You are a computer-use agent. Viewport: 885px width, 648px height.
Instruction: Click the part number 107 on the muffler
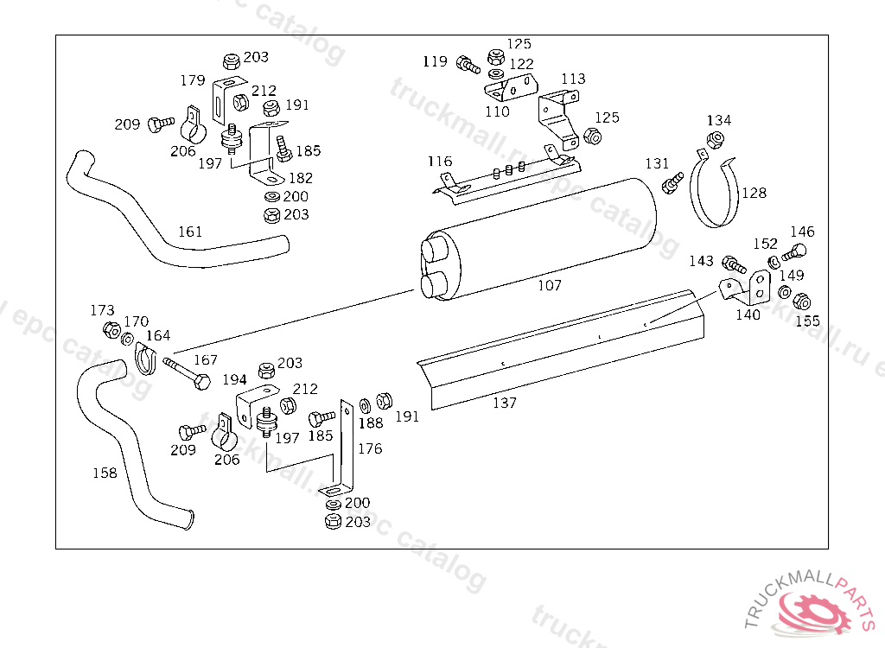coord(549,285)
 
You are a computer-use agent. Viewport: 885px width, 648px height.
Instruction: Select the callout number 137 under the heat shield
coord(505,403)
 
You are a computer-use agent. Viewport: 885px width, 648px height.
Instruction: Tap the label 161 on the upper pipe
coord(190,232)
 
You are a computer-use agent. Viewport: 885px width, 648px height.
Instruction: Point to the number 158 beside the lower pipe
coord(105,473)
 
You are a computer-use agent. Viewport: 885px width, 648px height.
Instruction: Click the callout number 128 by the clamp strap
coord(754,194)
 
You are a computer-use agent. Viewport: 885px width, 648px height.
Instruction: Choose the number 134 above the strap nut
coord(719,120)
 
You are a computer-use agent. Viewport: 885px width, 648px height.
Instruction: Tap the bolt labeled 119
coord(468,64)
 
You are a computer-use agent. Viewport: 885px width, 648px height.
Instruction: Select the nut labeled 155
coord(801,302)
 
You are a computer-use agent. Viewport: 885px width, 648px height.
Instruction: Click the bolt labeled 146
coord(793,253)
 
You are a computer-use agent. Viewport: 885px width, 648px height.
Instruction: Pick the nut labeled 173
coord(111,328)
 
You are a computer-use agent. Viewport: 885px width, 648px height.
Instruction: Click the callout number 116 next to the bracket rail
coord(439,162)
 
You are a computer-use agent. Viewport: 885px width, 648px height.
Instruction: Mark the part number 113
coord(573,79)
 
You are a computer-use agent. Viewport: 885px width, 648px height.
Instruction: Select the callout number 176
coord(370,448)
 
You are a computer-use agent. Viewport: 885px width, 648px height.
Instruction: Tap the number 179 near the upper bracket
coord(193,80)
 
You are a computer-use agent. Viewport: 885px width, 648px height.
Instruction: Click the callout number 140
coord(748,314)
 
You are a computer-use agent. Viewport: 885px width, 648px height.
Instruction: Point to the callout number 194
coord(234,378)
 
